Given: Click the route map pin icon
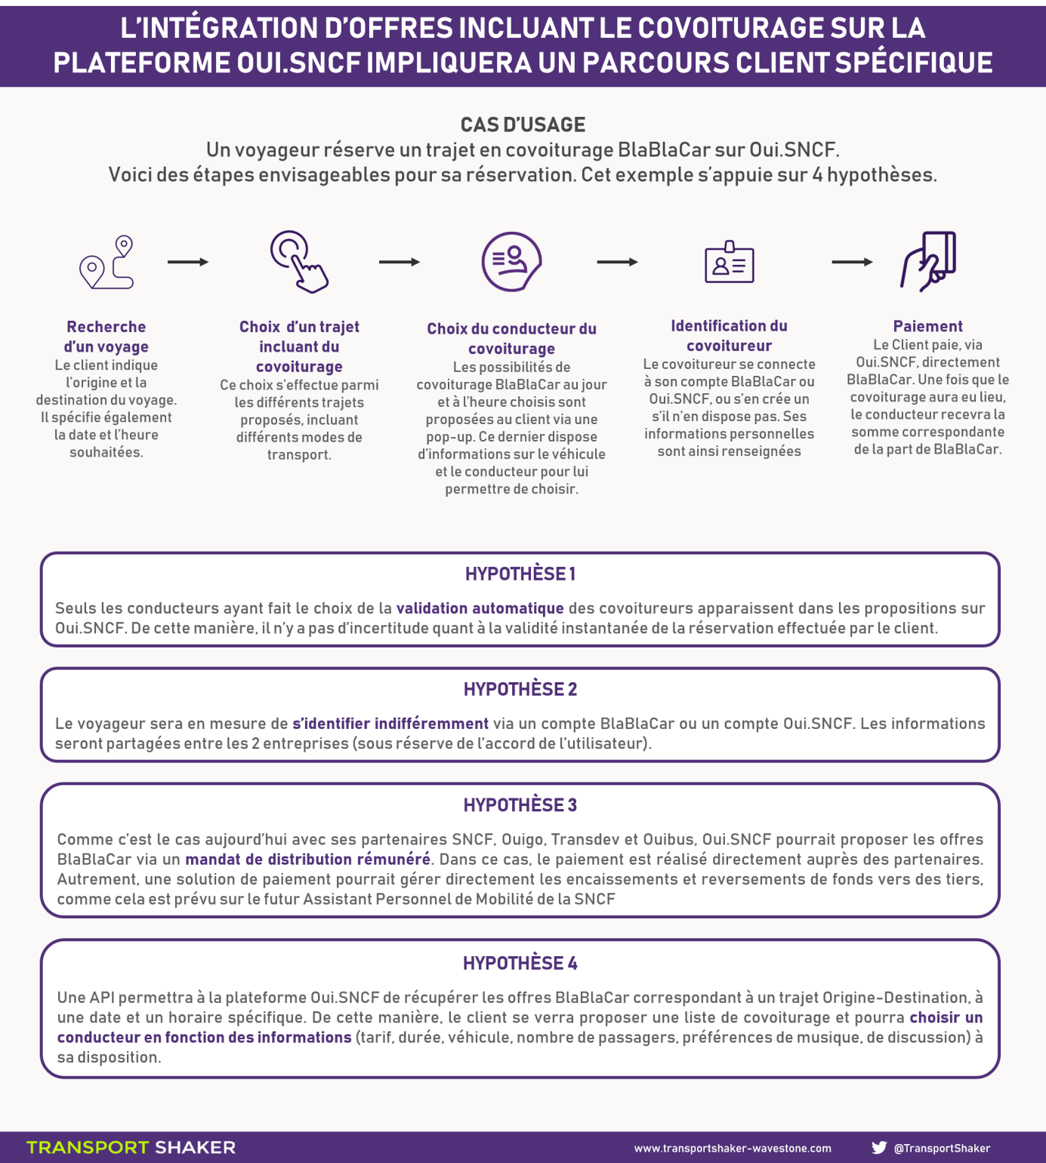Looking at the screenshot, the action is point(106,262).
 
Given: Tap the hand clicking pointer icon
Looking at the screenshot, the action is point(299,261).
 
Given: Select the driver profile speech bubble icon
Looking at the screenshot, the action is point(511,261).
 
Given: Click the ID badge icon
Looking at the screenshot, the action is point(729,262).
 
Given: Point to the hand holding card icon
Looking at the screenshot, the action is point(928,261).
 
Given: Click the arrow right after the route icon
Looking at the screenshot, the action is point(188,262).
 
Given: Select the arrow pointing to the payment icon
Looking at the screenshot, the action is point(852,262).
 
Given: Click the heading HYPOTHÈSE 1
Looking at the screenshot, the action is point(520,574).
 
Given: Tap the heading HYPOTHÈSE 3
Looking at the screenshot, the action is point(520,805).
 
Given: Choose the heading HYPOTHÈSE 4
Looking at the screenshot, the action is point(520,963).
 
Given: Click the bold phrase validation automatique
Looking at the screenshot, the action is point(480,608).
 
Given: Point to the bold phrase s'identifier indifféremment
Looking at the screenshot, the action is point(390,724).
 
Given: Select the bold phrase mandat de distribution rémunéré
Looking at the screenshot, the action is point(308,859).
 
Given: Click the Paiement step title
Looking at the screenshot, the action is point(928,326).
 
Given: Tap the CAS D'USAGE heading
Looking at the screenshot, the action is point(523,125).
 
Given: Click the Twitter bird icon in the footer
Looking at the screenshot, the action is point(879,1147).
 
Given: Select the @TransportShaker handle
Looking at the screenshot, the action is point(942,1148).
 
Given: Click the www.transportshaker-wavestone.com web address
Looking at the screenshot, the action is point(733,1148).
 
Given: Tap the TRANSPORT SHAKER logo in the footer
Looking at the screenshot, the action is point(131,1147).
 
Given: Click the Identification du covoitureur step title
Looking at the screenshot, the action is point(729,336).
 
